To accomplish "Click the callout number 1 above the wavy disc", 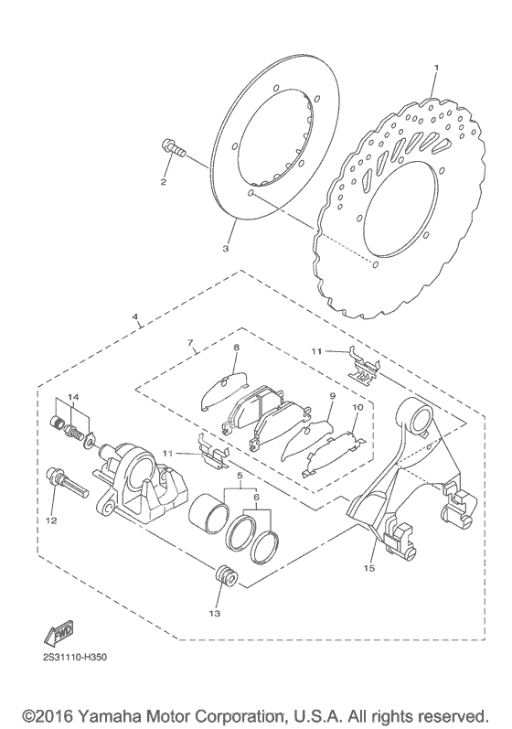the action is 436,68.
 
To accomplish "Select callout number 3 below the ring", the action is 225,249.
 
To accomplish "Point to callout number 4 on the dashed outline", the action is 135,316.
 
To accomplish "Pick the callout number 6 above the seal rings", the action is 255,497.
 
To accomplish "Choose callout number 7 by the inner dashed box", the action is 190,343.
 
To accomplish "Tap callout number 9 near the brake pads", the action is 332,396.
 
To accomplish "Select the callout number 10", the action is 357,407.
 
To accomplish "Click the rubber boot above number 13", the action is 227,578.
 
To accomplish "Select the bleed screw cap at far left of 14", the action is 57,423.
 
